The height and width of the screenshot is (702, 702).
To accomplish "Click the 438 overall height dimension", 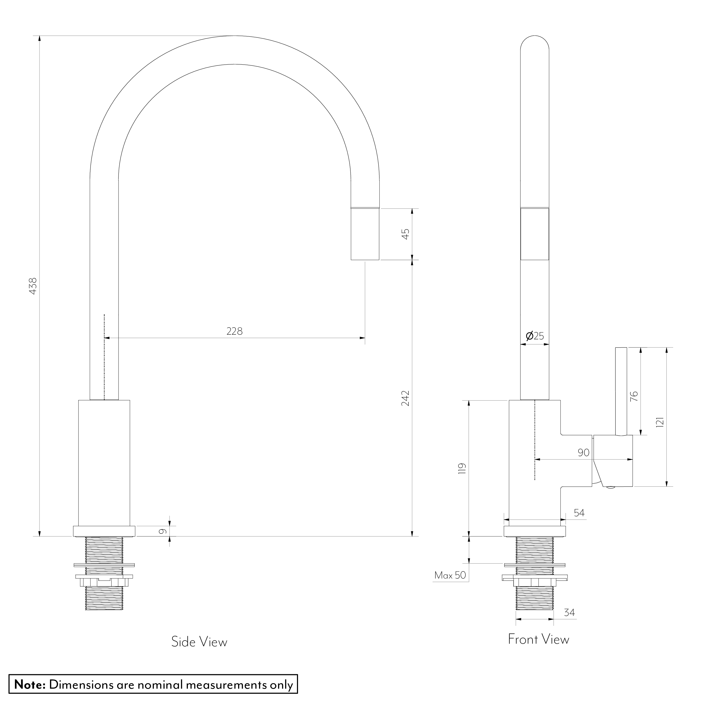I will tap(33, 286).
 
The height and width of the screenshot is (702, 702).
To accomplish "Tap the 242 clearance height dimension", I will tap(406, 398).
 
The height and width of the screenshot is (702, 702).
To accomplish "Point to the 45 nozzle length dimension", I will tap(406, 234).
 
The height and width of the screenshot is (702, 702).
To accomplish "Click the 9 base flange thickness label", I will tap(163, 531).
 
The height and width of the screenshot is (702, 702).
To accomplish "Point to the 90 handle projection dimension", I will tap(583, 453).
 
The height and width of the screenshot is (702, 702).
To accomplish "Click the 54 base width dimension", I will tap(579, 513).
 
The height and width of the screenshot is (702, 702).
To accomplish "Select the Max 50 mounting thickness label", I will tap(450, 575).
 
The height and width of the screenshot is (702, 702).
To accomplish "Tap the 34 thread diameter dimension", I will tap(569, 613).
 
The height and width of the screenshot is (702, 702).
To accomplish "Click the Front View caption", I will tap(538, 639).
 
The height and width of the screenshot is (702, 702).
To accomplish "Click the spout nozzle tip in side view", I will tap(365, 235).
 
